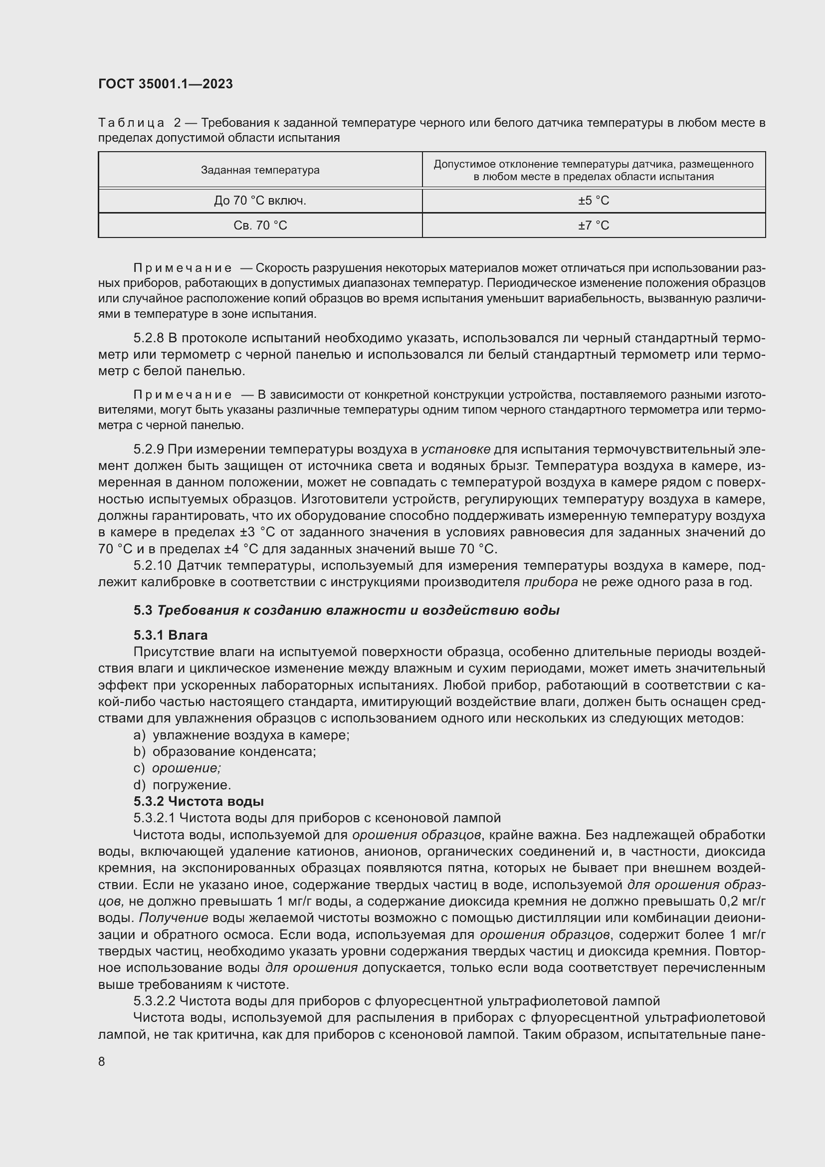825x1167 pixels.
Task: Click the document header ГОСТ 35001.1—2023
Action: click(166, 84)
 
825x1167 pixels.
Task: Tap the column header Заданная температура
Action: click(260, 170)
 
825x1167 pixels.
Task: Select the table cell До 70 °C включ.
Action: click(260, 201)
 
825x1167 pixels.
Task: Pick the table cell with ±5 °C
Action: click(594, 201)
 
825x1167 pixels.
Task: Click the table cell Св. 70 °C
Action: click(260, 225)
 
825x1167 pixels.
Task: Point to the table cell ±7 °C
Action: click(594, 225)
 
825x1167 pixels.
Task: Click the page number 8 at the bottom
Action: click(102, 1061)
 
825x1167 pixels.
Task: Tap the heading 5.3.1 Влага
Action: click(171, 635)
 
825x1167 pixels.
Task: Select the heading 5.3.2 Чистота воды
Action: click(199, 802)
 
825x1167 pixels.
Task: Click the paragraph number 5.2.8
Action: click(149, 338)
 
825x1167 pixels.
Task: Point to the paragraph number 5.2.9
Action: click(149, 450)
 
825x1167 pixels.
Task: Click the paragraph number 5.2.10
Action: click(153, 566)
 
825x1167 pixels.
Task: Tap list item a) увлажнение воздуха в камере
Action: click(242, 735)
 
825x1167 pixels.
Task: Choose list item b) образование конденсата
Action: click(225, 752)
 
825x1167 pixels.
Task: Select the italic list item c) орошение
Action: click(178, 768)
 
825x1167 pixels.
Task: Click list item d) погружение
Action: click(183, 785)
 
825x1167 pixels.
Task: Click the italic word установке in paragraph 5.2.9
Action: click(456, 450)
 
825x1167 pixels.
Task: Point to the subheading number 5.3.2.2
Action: click(155, 1001)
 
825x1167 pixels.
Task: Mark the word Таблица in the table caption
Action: click(131, 123)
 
